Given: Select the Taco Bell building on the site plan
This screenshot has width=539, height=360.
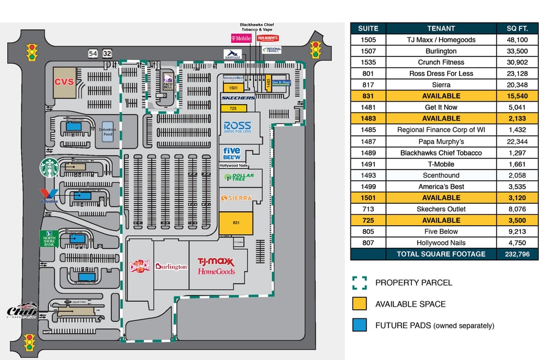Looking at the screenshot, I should [x=168, y=81].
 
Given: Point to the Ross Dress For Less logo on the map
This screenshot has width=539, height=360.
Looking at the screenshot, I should [x=237, y=127].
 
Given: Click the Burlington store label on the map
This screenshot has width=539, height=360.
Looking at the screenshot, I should [x=171, y=266].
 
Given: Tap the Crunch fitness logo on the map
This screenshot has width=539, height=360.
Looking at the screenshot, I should [x=139, y=266].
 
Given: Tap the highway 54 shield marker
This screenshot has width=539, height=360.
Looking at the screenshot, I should [x=93, y=54].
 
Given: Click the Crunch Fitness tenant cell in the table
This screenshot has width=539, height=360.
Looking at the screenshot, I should [x=440, y=62].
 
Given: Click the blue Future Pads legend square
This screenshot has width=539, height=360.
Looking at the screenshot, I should [x=359, y=325].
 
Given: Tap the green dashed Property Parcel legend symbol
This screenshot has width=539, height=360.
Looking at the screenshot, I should [x=359, y=282].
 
